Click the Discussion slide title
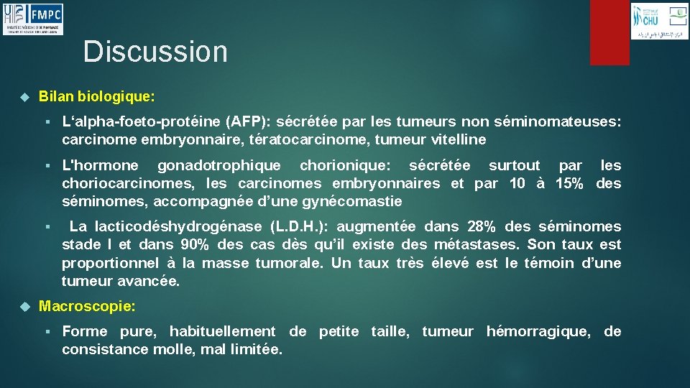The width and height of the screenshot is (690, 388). (x=155, y=52)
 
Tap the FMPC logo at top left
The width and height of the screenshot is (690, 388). (x=32, y=19)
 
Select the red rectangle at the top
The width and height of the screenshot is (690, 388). (x=609, y=32)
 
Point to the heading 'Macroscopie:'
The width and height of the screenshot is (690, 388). (x=87, y=307)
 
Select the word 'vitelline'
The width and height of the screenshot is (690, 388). (x=459, y=139)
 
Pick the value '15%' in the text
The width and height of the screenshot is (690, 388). (x=569, y=184)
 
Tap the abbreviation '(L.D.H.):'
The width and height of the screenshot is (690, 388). (x=299, y=227)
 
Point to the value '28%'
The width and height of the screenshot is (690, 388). (x=482, y=227)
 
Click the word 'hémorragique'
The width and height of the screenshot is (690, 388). (x=538, y=332)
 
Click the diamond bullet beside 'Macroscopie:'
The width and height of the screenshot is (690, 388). (x=24, y=307)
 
